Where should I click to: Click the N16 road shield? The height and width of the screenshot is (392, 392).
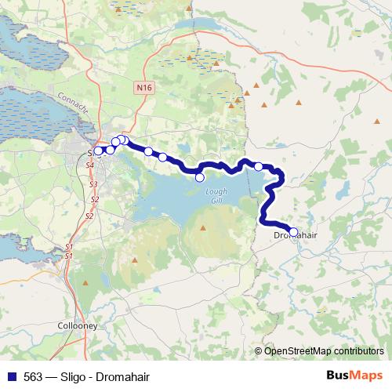point(143,89)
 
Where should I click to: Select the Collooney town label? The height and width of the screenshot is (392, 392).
point(77,324)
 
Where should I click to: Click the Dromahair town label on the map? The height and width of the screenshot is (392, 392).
point(293,235)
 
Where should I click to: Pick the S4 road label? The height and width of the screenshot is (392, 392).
point(89,166)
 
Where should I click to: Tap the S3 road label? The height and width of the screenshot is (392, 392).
point(93,184)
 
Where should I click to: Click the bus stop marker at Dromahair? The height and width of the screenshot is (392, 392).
point(293,231)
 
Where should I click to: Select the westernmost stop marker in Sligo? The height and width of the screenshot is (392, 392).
point(100,151)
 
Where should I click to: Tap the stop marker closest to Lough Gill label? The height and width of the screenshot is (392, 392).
point(200,177)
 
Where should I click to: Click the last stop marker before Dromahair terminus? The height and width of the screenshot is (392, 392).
point(259,166)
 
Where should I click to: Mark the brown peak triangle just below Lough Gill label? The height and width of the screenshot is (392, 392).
point(204,228)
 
